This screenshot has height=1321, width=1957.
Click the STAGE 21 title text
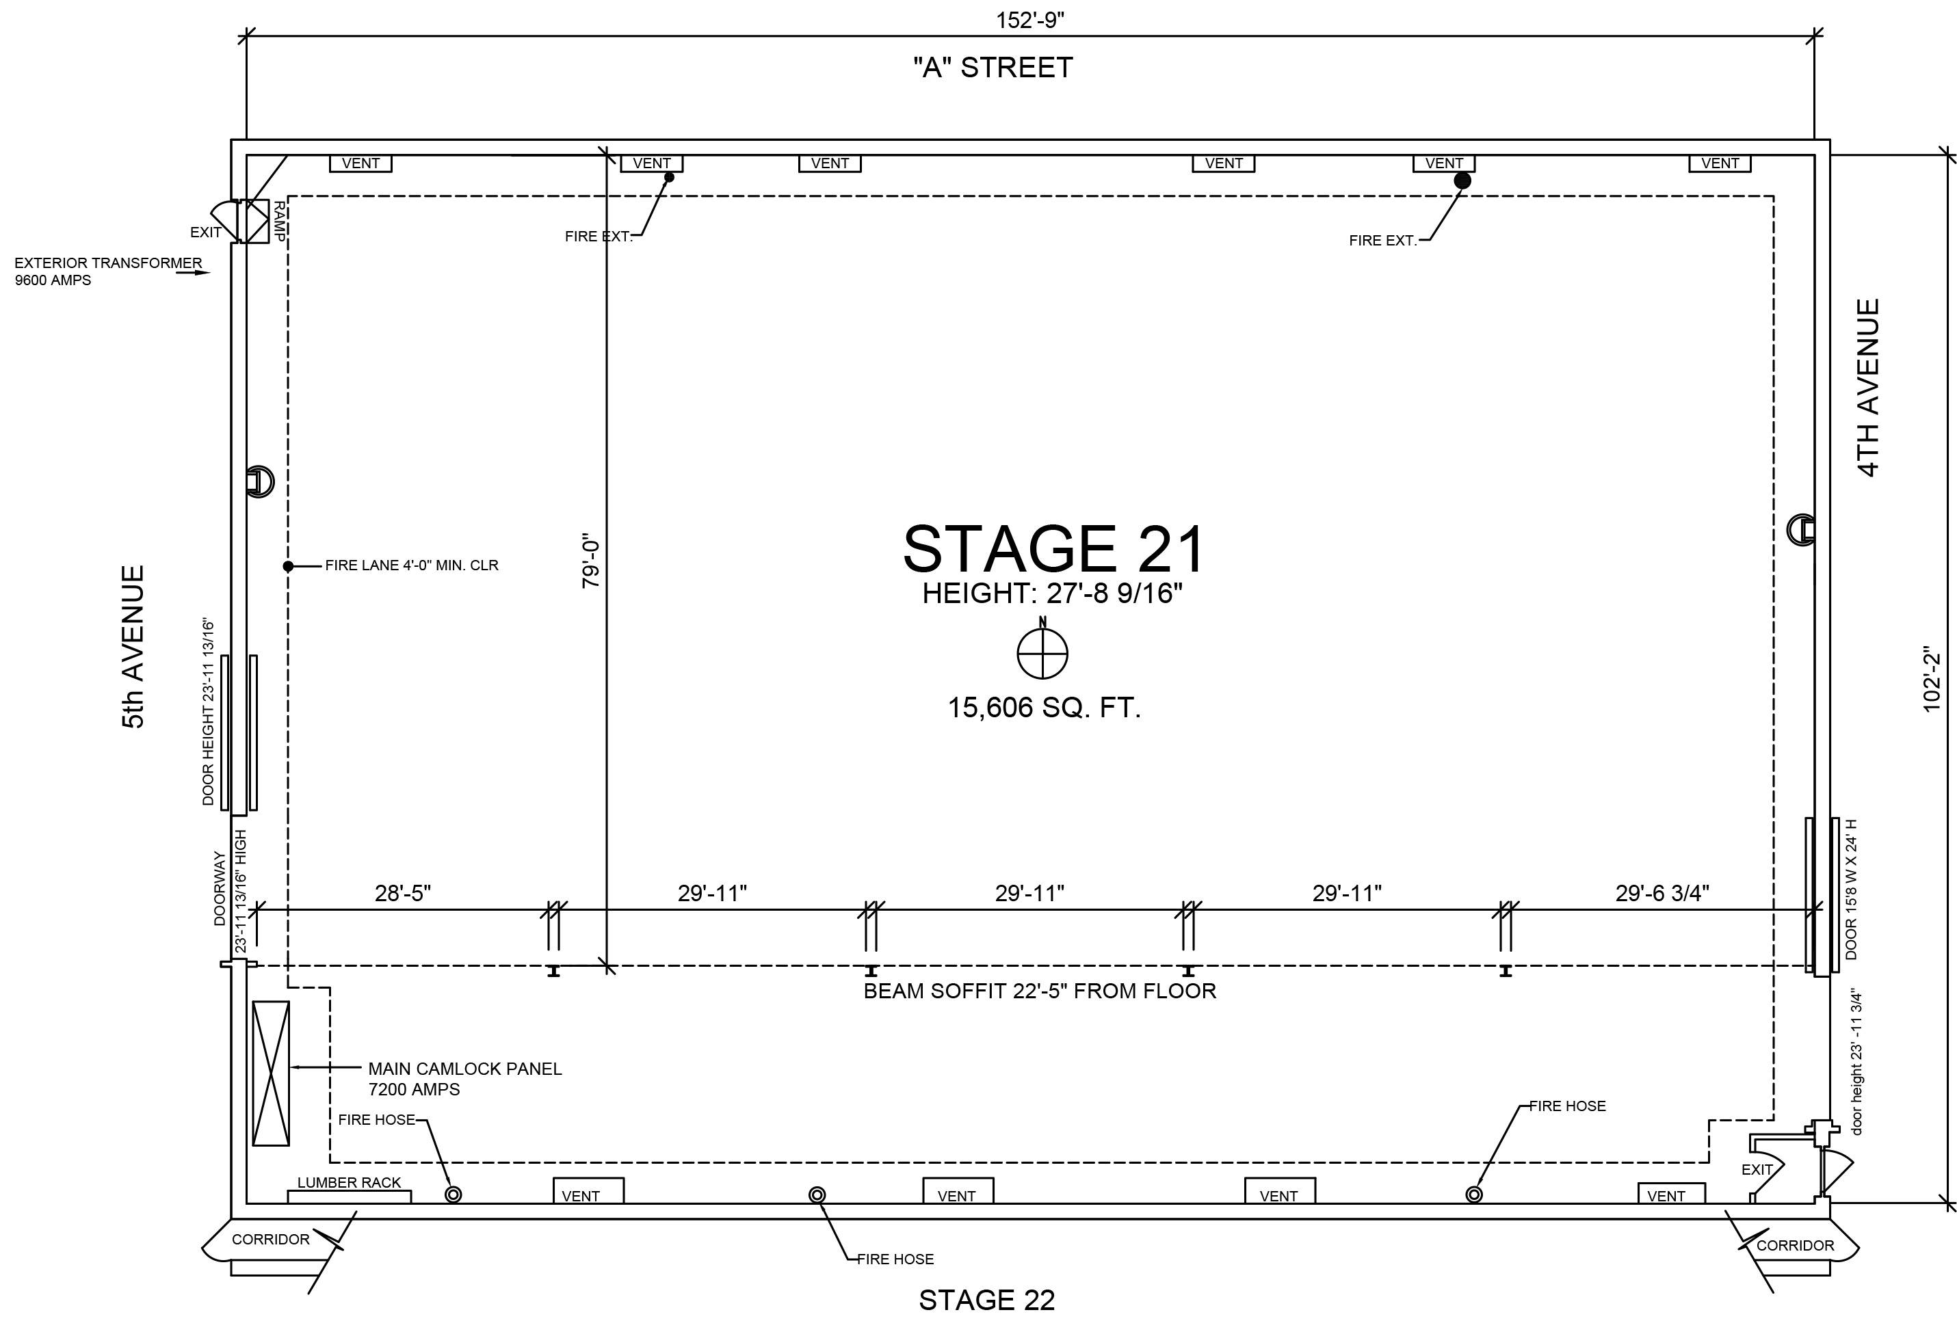click(x=1054, y=549)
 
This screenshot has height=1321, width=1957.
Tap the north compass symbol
click(x=1042, y=652)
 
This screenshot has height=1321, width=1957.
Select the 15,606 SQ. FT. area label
click(x=1045, y=707)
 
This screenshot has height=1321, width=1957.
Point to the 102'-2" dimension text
click(x=1932, y=678)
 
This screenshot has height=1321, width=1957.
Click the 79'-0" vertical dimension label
click(x=591, y=563)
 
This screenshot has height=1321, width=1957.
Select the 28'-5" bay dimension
click(x=404, y=893)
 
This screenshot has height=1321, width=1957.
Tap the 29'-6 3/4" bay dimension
click(x=1662, y=893)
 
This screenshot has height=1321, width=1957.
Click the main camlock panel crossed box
click(x=271, y=1073)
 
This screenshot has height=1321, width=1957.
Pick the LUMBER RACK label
click(x=350, y=1183)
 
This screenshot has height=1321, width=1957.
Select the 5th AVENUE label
click(x=134, y=647)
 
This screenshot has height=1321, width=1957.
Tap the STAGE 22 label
click(x=987, y=1300)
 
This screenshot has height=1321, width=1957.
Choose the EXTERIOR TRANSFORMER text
click(x=109, y=263)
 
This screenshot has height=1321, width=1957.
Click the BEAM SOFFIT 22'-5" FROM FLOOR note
click(x=1040, y=991)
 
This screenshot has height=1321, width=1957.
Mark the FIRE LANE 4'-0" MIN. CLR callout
click(x=412, y=565)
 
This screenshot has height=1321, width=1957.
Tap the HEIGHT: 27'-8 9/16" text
click(x=1053, y=593)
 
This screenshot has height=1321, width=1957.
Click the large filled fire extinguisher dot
click(x=1462, y=181)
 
